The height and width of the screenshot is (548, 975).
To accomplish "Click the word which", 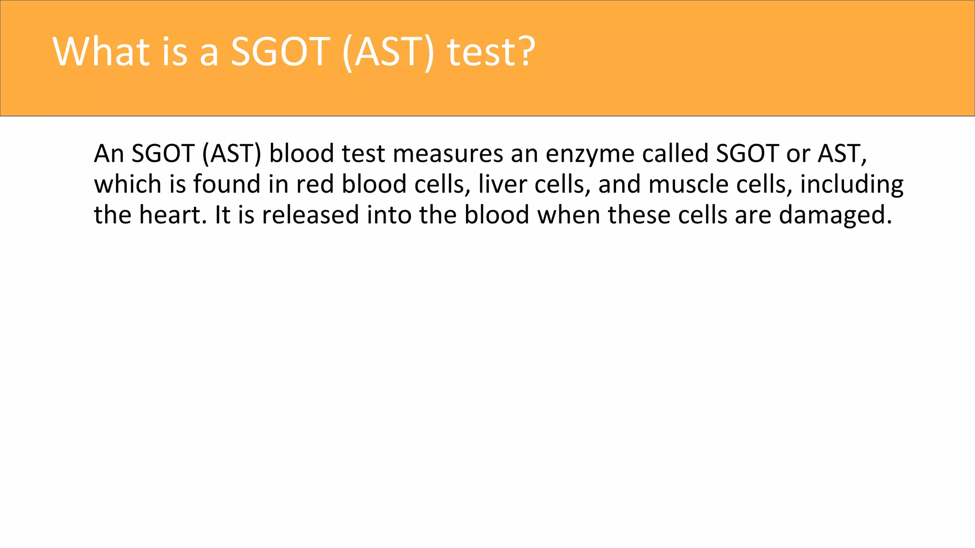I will tap(128, 184).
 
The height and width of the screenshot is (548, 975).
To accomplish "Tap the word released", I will tap(310, 215).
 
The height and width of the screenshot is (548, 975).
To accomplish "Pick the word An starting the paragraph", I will tap(109, 154).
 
